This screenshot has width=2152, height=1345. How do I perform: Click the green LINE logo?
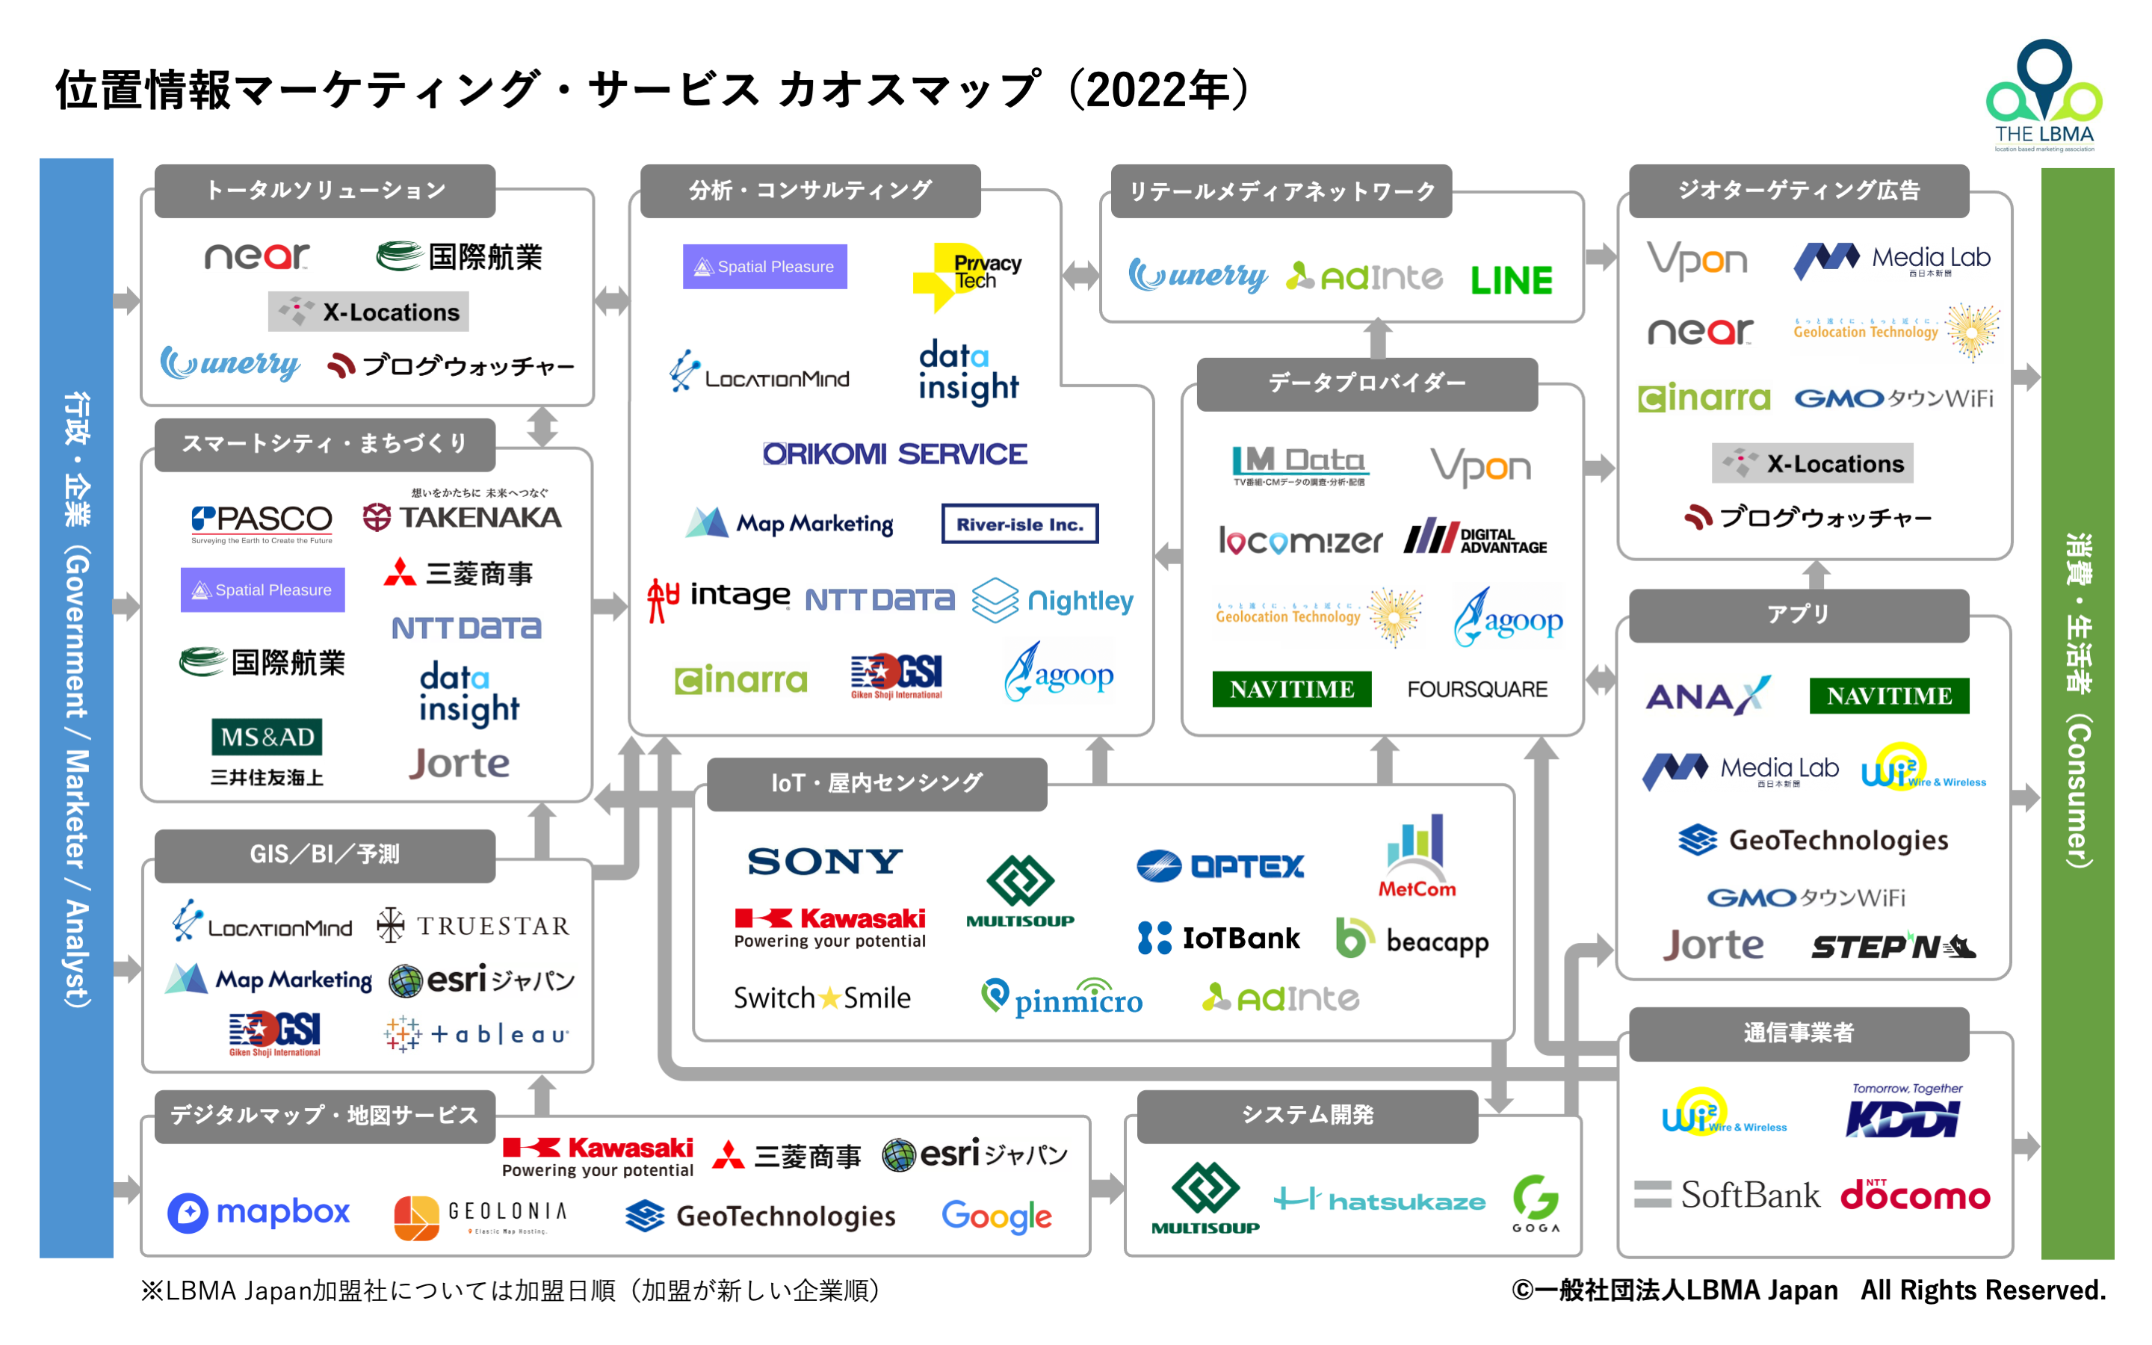[x=1511, y=280]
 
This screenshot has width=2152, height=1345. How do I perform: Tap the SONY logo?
[x=824, y=861]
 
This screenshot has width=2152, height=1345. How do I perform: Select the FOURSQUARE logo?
[x=1477, y=690]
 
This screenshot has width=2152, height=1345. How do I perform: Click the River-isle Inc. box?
[x=1019, y=524]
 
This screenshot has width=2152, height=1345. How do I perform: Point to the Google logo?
[x=996, y=1215]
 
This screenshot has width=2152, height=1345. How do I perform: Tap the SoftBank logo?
[x=1727, y=1195]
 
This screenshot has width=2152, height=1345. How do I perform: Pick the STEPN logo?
[x=1892, y=947]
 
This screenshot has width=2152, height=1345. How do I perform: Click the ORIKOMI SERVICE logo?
[x=894, y=454]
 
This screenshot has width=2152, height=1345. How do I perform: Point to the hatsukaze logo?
[x=1379, y=1201]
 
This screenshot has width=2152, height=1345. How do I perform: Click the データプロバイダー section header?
[x=1367, y=383]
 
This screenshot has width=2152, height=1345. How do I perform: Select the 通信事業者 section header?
[x=1798, y=1033]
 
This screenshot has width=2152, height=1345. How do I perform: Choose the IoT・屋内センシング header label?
[x=876, y=784]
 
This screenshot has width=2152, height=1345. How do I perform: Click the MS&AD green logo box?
[x=267, y=738]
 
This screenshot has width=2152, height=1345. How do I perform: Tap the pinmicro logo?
[x=1062, y=999]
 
